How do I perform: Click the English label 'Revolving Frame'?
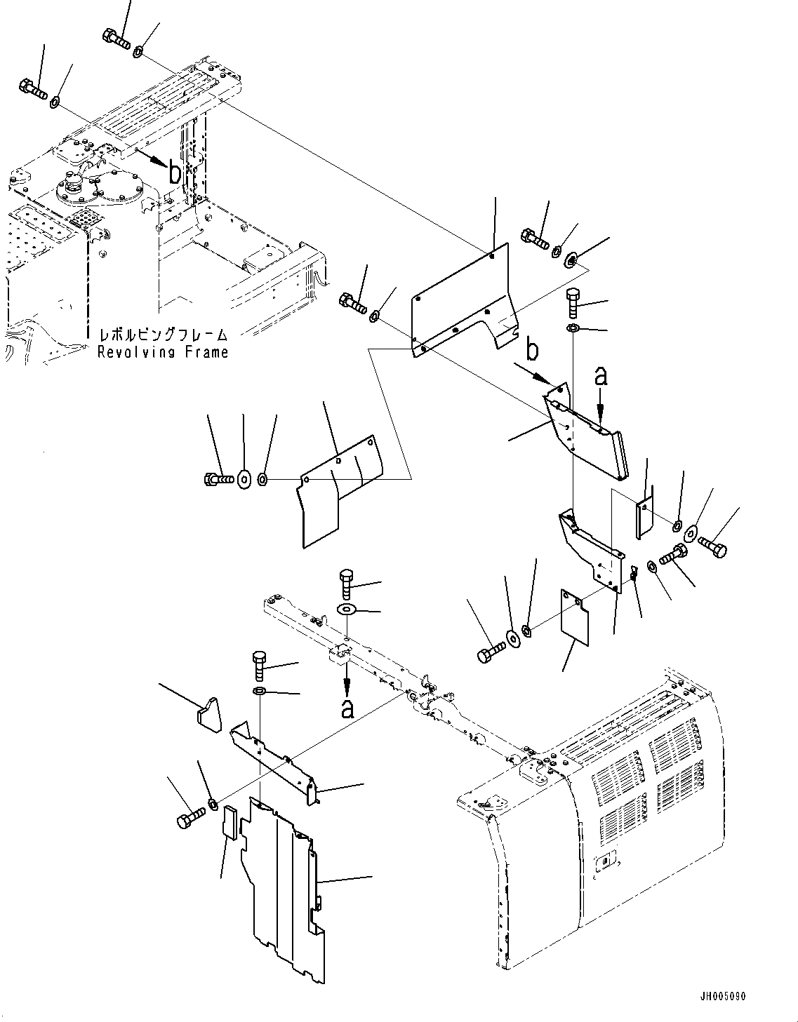click(163, 352)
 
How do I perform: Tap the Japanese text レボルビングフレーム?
click(163, 335)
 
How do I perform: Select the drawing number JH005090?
click(722, 996)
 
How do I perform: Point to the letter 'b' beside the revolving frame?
click(173, 172)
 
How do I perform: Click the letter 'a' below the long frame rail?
click(347, 708)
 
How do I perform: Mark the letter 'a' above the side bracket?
click(601, 377)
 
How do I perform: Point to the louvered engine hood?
click(632, 793)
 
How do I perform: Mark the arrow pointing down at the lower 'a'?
click(347, 679)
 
